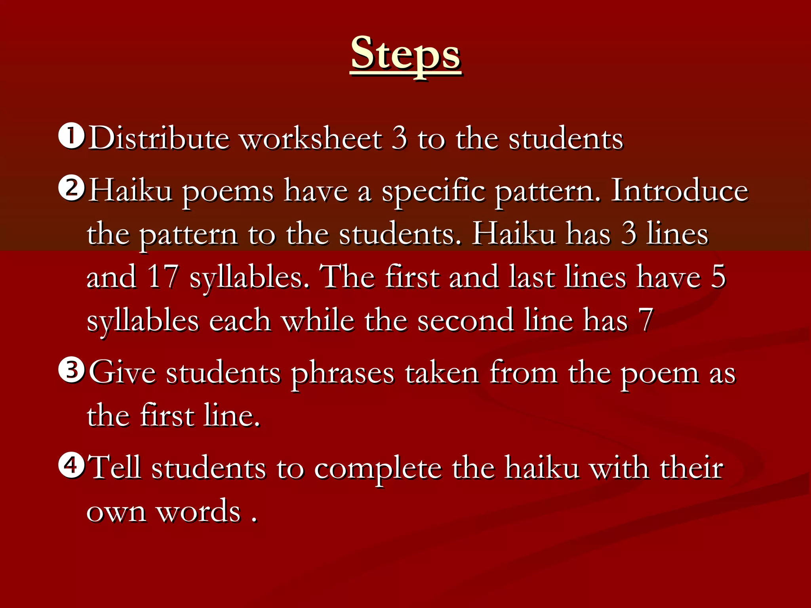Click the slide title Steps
[x=405, y=53]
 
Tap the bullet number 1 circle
[x=71, y=136]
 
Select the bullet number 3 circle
[x=71, y=370]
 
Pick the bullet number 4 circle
[x=71, y=465]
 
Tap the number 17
[x=163, y=277]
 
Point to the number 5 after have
[x=718, y=277]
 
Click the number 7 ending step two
[x=645, y=320]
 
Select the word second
[x=465, y=320]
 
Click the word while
[x=318, y=320]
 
